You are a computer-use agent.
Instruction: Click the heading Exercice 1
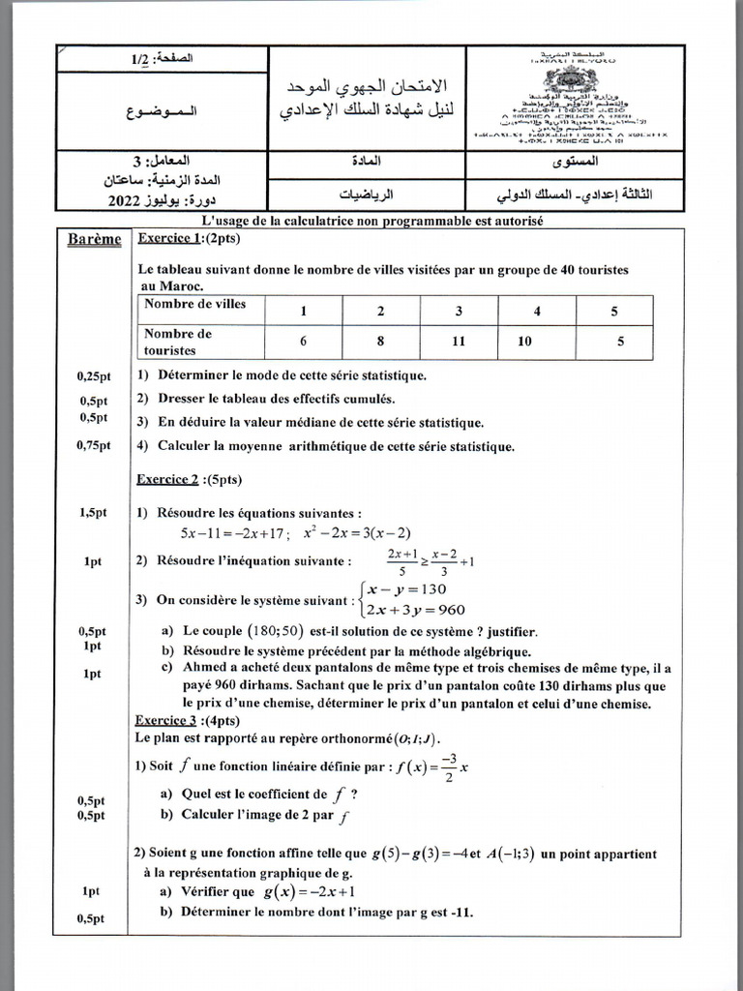(170, 238)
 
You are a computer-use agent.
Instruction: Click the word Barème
(95, 240)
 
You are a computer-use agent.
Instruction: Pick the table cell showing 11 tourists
(459, 341)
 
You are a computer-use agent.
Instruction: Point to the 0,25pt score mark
(94, 376)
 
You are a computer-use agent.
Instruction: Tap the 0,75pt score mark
(94, 446)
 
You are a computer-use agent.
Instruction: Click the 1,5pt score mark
(94, 514)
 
